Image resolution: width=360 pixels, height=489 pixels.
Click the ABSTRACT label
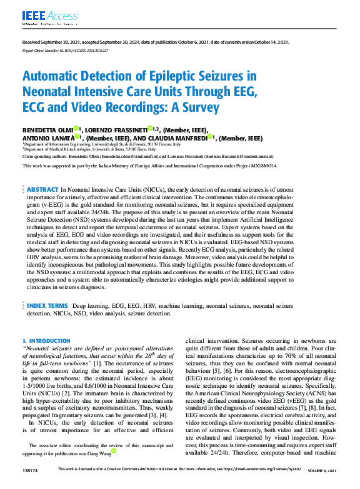point(42,189)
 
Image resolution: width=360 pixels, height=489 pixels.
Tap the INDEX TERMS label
point(47,306)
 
